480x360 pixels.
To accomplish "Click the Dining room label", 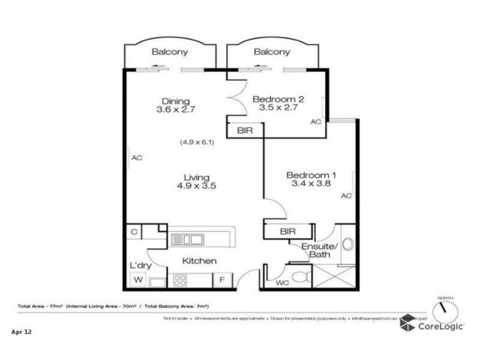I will tap(176, 106).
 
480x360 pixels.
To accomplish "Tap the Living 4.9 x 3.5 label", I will tap(196, 182).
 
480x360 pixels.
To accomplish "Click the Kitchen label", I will tap(199, 261).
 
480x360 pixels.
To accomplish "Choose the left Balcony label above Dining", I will tap(169, 52).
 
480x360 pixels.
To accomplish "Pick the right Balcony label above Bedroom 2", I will tap(272, 52).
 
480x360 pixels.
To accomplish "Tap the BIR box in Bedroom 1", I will tap(287, 231).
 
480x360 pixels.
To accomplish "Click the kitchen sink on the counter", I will tap(187, 240).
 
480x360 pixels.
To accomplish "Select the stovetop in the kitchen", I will tap(180, 280).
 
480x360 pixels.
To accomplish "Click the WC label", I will tap(283, 282).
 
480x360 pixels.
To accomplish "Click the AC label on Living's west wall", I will tap(136, 158).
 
